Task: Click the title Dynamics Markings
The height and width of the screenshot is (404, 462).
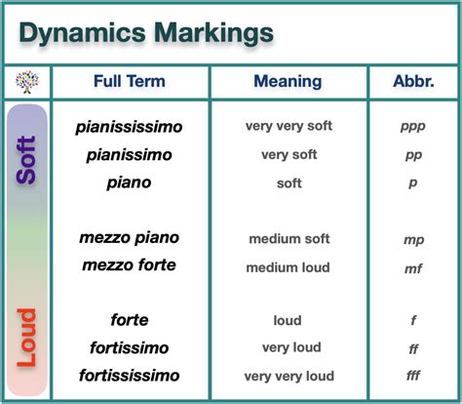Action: tap(146, 33)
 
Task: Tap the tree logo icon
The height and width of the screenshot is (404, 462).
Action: tap(26, 82)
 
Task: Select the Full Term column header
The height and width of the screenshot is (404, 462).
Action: tap(130, 81)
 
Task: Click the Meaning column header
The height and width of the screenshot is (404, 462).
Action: tap(288, 81)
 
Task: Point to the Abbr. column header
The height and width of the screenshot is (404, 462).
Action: tap(412, 81)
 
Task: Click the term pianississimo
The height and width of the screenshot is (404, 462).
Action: tap(130, 127)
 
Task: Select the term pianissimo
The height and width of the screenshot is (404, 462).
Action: tap(130, 154)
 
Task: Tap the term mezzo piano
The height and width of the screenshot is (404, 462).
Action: tap(131, 238)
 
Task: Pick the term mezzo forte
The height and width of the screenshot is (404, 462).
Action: tap(131, 265)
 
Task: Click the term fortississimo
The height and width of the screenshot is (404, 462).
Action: tap(130, 376)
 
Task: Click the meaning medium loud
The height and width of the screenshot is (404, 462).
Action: tap(288, 267)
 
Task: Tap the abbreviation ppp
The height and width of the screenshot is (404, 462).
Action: tap(412, 127)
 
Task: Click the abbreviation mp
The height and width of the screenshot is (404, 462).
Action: tap(412, 239)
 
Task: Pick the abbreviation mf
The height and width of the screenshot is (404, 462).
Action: tap(412, 266)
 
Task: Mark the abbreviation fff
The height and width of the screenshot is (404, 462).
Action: tap(412, 377)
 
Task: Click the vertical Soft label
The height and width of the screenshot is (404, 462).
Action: tap(27, 159)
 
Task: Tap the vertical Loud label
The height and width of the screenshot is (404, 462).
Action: tap(27, 338)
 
